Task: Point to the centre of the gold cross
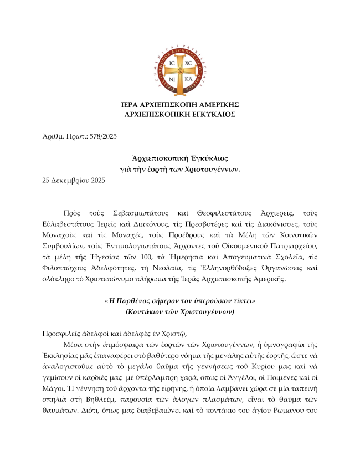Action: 180,70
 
